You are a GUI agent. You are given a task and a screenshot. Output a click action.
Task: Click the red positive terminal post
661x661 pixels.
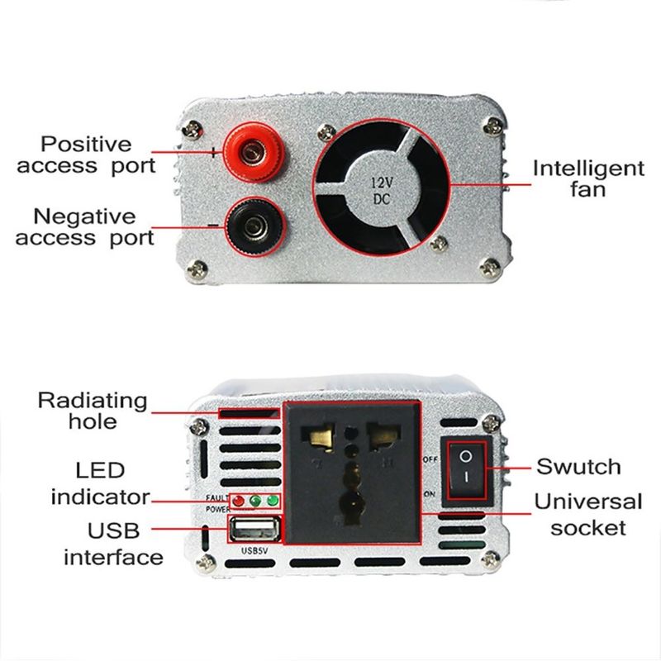click(252, 152)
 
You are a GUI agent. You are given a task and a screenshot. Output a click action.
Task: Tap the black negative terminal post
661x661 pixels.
click(253, 227)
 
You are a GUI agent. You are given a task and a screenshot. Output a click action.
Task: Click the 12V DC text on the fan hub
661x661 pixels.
click(382, 191)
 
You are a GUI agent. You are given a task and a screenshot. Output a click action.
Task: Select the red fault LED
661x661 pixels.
click(238, 502)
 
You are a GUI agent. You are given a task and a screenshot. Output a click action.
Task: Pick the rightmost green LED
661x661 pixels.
click(273, 501)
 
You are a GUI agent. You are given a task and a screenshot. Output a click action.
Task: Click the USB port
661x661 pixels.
click(254, 530)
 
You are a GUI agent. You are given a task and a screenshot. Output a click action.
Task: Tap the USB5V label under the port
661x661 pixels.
click(254, 550)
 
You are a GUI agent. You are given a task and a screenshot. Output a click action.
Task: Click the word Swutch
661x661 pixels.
click(578, 467)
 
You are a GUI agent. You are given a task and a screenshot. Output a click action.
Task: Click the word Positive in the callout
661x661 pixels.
click(87, 144)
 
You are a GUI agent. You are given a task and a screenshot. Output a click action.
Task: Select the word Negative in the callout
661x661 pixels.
click(84, 216)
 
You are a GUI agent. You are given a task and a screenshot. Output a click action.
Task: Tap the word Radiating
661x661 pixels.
click(93, 402)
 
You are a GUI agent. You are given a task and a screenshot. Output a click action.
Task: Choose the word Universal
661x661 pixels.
click(588, 502)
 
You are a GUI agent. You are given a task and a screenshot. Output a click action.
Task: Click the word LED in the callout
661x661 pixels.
click(100, 470)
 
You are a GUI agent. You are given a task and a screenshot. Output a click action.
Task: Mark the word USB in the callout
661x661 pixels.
click(113, 530)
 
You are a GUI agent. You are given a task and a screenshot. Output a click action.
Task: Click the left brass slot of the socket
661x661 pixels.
click(321, 439)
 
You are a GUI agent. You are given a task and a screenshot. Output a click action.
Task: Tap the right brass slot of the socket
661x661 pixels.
click(383, 438)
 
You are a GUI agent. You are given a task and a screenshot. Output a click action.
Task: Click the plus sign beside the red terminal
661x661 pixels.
click(214, 152)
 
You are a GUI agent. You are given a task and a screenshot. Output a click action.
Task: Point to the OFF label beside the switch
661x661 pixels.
click(430, 459)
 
